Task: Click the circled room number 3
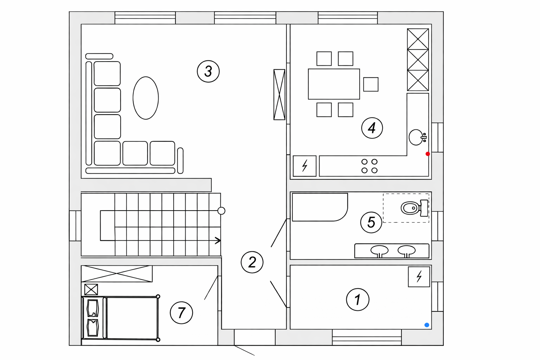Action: [x=208, y=71]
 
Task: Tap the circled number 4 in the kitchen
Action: [x=372, y=128]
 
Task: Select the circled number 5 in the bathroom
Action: [x=371, y=222]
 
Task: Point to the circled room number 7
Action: [x=181, y=313]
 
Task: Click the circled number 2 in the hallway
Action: [x=252, y=262]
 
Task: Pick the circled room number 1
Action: [x=358, y=300]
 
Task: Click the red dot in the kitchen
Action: [x=427, y=154]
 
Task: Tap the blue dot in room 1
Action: [x=427, y=325]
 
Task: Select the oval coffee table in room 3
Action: [x=146, y=98]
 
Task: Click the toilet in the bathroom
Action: [x=414, y=208]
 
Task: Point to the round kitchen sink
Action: [x=416, y=137]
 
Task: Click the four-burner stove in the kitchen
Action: [x=369, y=166]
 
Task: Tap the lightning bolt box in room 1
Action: [x=419, y=277]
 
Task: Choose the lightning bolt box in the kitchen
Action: [x=304, y=166]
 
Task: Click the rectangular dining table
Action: [x=334, y=84]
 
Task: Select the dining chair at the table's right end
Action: [x=371, y=84]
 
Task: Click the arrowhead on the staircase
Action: [x=218, y=240]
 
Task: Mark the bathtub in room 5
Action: [x=320, y=207]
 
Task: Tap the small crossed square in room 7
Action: [x=91, y=289]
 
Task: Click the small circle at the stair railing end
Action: [x=221, y=211]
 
